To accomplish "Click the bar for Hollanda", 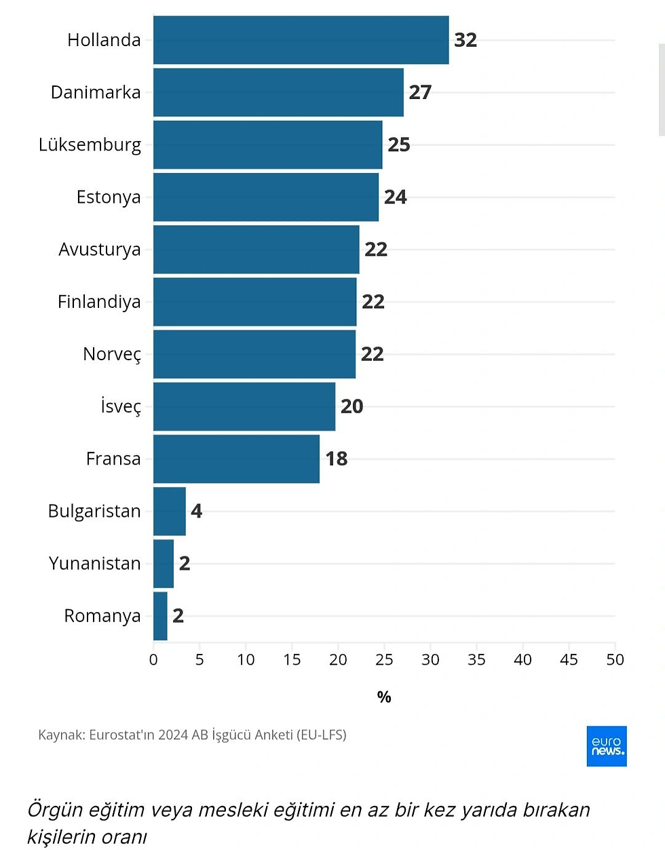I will click(x=301, y=40).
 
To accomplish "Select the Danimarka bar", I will click(x=278, y=92).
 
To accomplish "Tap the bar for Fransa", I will click(x=236, y=459).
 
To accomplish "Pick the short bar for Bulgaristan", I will click(x=170, y=511).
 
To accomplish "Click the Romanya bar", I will click(x=160, y=616).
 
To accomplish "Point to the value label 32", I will click(x=465, y=40).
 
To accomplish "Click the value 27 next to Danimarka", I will click(x=420, y=92).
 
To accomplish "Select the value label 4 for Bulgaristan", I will click(x=196, y=511).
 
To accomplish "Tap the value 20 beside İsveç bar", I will click(x=351, y=406).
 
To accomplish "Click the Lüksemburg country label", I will click(x=90, y=145).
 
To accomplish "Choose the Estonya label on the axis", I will click(x=109, y=197).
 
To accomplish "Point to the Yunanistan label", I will click(x=94, y=564).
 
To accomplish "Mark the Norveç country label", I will click(x=112, y=355).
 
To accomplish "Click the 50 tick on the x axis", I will click(x=615, y=659).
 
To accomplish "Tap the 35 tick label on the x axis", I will click(x=476, y=659).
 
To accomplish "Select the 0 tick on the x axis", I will click(x=153, y=659).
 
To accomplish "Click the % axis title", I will click(x=384, y=697).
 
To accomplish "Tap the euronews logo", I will click(x=607, y=746).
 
